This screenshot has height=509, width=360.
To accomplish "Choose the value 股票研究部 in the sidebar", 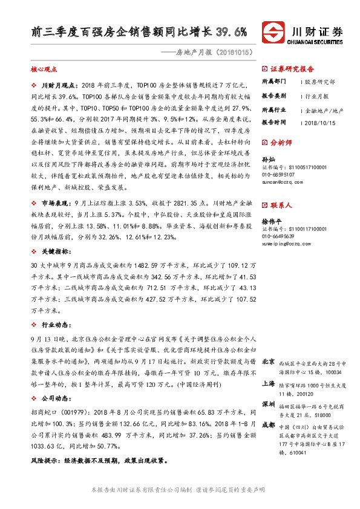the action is pos(319,81).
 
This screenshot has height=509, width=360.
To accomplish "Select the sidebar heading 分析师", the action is pos(281,143).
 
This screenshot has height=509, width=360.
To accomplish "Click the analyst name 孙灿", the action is pos(267,158).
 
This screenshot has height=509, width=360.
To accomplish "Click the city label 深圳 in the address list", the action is pos(269,403).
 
